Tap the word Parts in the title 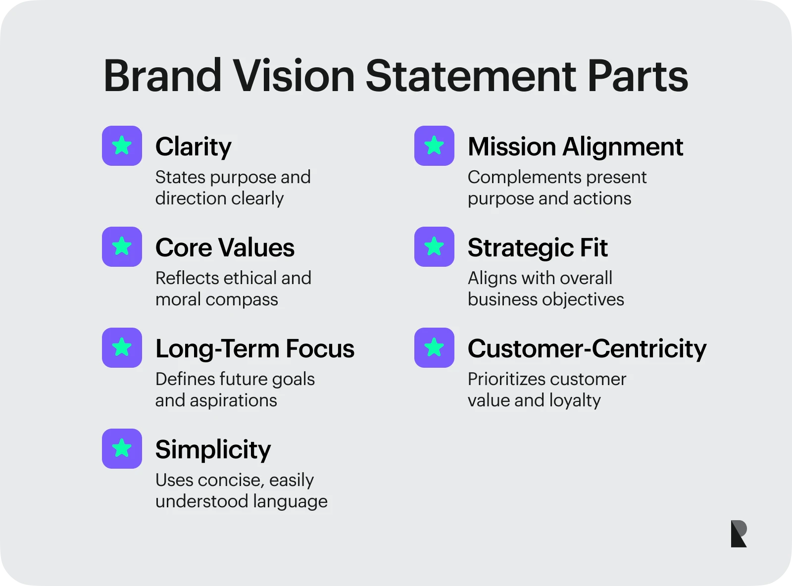[638, 76]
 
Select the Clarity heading [193, 147]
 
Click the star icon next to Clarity [122, 146]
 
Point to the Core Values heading [225, 247]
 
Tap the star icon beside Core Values [122, 247]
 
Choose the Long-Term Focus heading [255, 349]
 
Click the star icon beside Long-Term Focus [122, 348]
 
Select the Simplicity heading [213, 450]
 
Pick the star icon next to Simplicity [122, 449]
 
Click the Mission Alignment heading [575, 147]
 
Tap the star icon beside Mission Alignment [434, 146]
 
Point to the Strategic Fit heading [538, 248]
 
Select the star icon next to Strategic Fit [434, 247]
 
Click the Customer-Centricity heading [588, 349]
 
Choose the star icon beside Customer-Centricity [434, 348]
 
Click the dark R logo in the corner [739, 534]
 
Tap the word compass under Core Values [242, 300]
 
